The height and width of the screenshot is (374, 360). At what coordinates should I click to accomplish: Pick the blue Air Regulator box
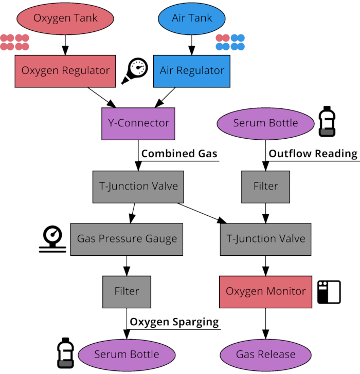point(192,70)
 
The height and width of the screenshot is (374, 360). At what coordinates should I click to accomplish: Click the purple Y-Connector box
point(138,123)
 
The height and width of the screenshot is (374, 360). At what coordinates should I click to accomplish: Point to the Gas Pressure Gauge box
point(127,239)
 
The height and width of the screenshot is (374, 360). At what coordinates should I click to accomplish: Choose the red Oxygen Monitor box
point(265,291)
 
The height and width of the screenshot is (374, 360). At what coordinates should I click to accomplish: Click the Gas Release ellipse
point(265,354)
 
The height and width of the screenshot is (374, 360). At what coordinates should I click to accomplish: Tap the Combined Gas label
point(179,154)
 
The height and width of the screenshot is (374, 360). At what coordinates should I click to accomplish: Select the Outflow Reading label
point(313,154)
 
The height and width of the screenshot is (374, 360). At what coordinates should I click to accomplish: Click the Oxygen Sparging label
point(174,322)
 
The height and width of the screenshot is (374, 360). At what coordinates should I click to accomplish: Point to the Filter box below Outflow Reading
point(265,186)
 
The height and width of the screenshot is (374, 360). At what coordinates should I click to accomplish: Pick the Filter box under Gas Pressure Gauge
point(127,291)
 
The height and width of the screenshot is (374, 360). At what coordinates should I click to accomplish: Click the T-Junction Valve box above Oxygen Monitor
point(265,239)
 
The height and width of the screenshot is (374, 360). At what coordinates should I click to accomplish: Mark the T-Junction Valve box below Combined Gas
point(138,186)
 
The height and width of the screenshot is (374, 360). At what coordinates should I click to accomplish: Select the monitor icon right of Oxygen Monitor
point(329,292)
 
